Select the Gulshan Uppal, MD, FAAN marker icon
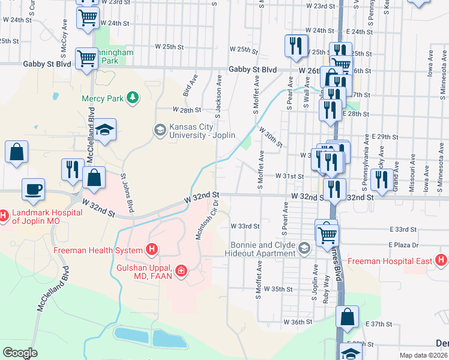(x=180, y=272)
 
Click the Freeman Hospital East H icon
(x=441, y=260)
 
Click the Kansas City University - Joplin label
(x=202, y=130)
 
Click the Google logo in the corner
(x=20, y=353)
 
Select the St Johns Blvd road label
(x=127, y=193)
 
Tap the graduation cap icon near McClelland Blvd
(x=105, y=130)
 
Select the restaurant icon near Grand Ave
(x=382, y=178)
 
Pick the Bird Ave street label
(x=190, y=86)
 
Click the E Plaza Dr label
(x=403, y=245)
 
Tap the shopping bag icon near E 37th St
(x=347, y=317)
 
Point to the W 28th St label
(x=185, y=110)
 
